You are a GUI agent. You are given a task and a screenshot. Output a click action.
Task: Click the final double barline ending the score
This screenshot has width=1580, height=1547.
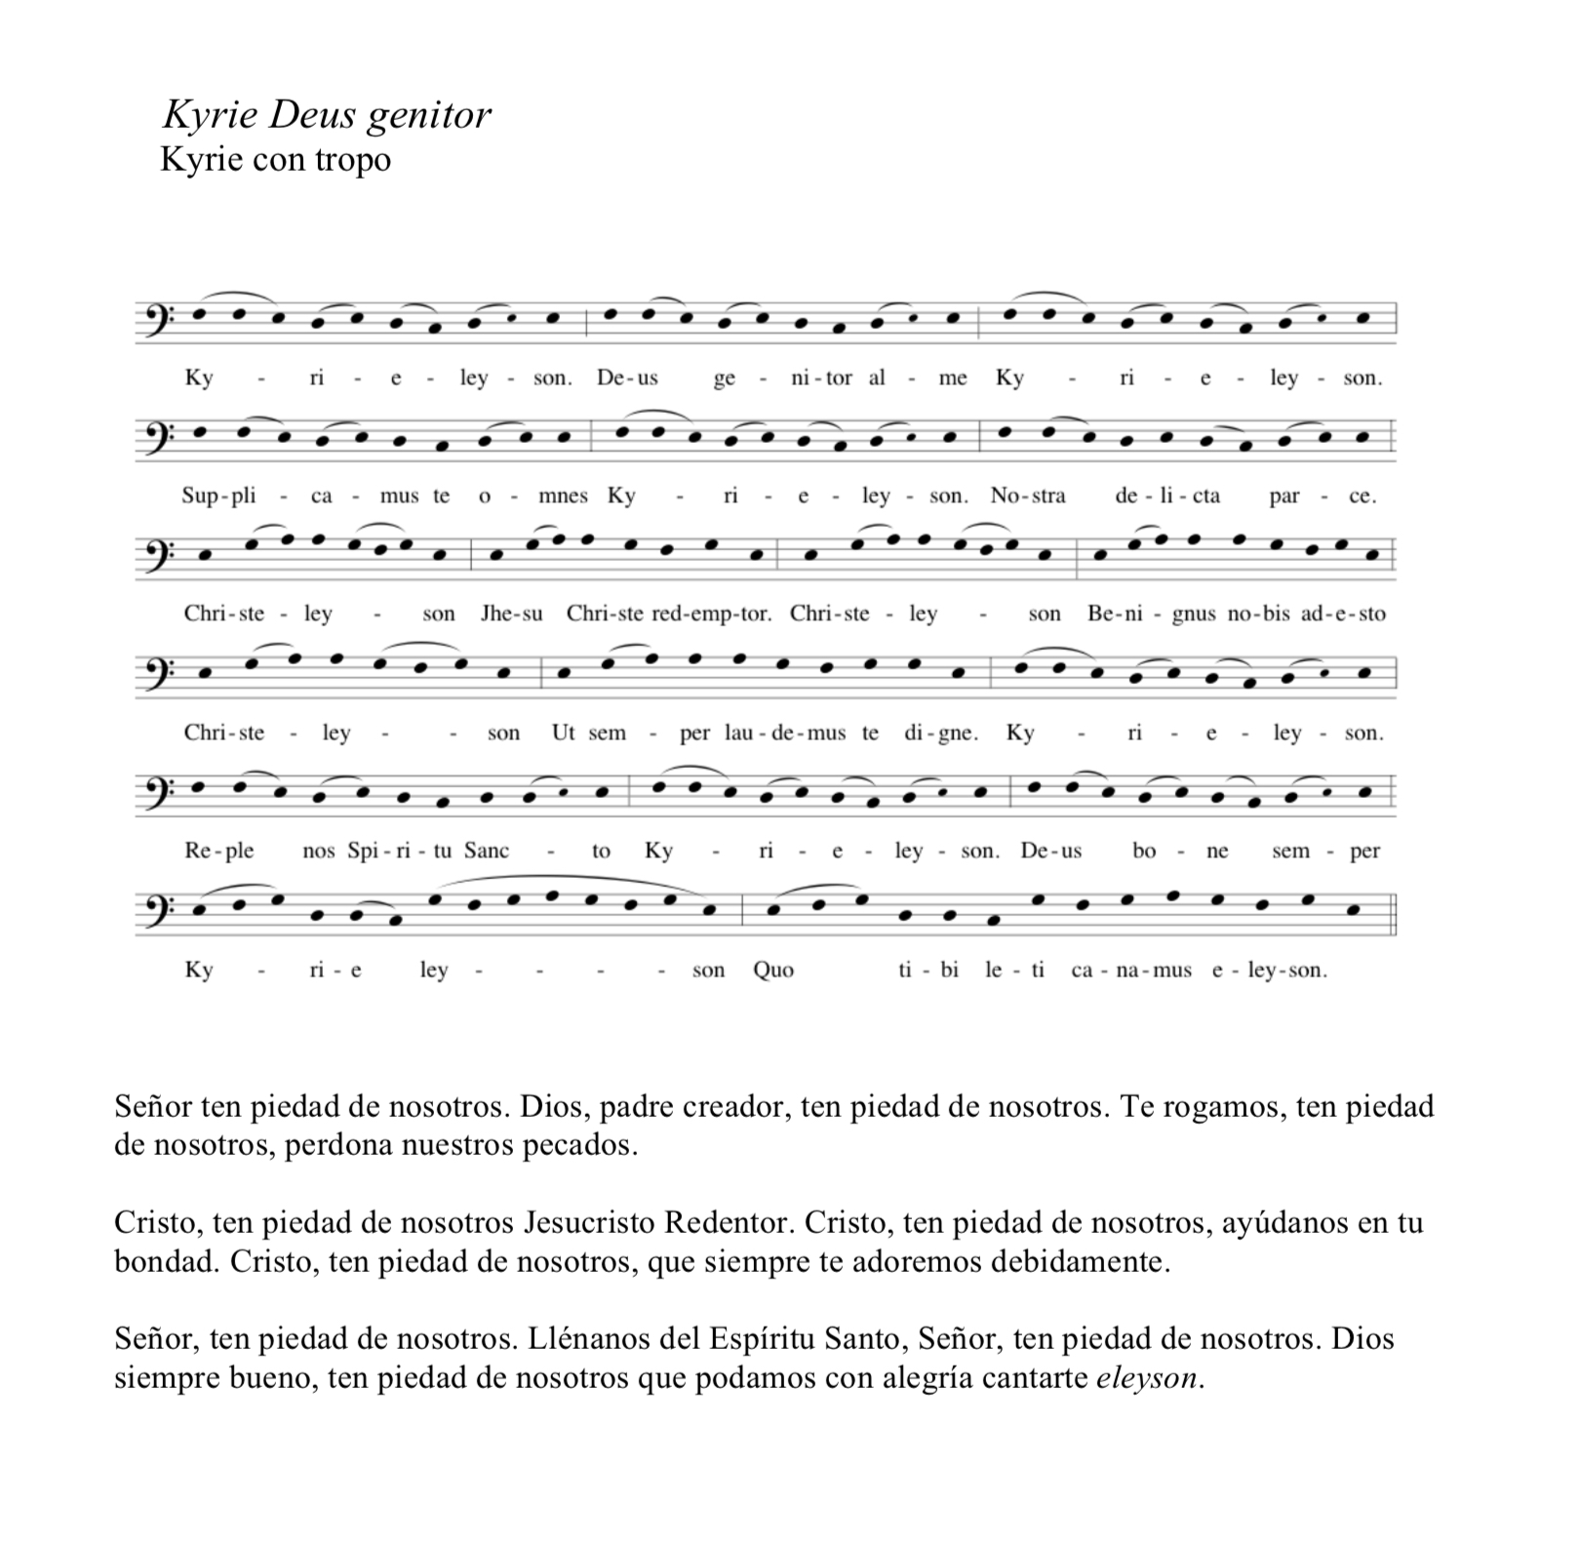point(1394,911)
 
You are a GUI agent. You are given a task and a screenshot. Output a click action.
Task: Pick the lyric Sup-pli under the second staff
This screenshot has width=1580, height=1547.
point(218,496)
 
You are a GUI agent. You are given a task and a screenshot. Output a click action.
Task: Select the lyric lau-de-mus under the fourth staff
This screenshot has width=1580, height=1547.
point(785,734)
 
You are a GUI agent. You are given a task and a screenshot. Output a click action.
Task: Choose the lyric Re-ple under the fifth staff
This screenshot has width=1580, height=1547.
point(218,852)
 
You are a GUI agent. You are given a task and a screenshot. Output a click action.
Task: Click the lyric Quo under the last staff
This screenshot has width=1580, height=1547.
point(773,971)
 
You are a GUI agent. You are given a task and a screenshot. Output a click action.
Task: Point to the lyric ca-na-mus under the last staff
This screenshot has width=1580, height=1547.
point(1130,971)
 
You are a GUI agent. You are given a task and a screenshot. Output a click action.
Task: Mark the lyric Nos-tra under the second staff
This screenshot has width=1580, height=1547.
point(1028,496)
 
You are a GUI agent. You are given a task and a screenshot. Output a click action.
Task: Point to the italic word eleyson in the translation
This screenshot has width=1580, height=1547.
point(1147,1378)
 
